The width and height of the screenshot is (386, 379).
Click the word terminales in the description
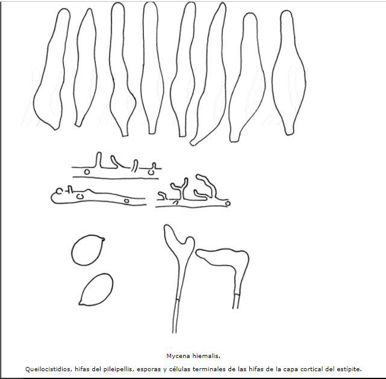tap(202, 369)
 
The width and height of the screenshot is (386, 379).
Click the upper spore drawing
tap(88, 250)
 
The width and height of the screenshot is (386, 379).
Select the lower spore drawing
tap(96, 289)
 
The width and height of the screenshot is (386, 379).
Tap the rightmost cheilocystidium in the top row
tap(289, 73)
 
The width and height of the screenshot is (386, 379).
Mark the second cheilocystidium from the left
tap(86, 67)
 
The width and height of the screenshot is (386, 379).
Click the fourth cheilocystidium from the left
tap(151, 67)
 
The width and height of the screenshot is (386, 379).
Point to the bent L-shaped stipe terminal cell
tap(240, 266)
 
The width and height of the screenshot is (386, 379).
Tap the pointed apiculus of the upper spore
tap(103, 239)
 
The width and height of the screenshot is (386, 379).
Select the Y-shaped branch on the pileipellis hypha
tap(179, 188)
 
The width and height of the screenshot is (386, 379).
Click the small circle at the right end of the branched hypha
tap(228, 203)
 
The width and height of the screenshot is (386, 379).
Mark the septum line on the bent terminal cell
tap(237, 294)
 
